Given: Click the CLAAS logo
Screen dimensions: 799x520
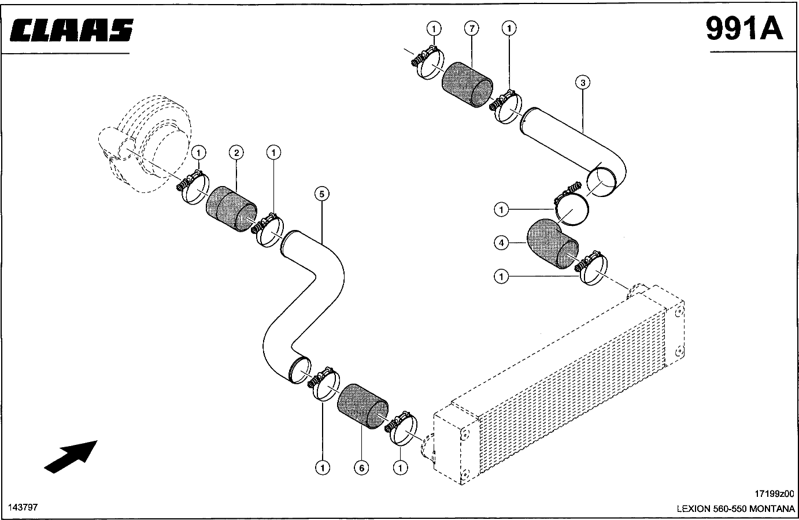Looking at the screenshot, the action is pyautogui.click(x=71, y=29).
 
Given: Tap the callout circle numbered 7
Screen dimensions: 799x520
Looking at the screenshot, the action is pyautogui.click(x=472, y=28).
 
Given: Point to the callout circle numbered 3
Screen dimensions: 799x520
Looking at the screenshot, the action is pyautogui.click(x=583, y=83).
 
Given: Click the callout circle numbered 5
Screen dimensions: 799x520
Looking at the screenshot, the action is pyautogui.click(x=322, y=194).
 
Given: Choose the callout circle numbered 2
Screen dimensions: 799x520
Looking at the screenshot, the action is pyautogui.click(x=236, y=153).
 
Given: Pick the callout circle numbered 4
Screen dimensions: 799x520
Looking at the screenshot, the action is pyautogui.click(x=501, y=243).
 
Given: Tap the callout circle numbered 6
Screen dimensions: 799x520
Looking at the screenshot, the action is pyautogui.click(x=361, y=467).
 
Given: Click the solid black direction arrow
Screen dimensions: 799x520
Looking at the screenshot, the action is pyautogui.click(x=71, y=457).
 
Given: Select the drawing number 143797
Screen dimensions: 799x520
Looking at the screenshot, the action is pyautogui.click(x=23, y=507).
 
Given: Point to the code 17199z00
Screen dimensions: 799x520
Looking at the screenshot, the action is pyautogui.click(x=774, y=493).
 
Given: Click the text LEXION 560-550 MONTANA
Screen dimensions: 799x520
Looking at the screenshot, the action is pyautogui.click(x=735, y=508).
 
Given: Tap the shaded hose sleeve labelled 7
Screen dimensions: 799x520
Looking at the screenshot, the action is pyautogui.click(x=467, y=84).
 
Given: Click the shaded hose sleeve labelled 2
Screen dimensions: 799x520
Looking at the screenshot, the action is pyautogui.click(x=231, y=209).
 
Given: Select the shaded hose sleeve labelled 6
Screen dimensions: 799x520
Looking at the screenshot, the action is pyautogui.click(x=362, y=406).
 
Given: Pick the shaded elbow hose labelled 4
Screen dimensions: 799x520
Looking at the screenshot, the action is pyautogui.click(x=551, y=243).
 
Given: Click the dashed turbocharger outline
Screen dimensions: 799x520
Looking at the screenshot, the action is pyautogui.click(x=145, y=144).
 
